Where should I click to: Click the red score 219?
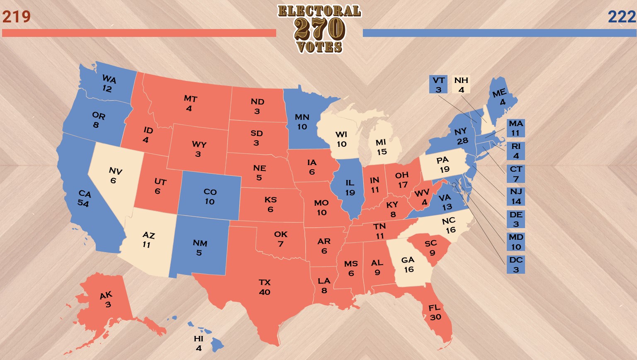coord(17,17)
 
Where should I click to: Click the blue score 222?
coord(622,17)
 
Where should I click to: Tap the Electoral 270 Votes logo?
coord(319,29)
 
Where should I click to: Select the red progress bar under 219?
coord(139,33)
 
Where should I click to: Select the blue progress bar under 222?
coord(499,33)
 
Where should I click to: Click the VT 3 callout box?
coord(438,85)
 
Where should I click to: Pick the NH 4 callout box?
coord(461,85)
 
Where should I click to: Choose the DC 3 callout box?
coord(516,265)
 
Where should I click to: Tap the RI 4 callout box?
coord(516,151)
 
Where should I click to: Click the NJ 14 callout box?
coord(516,197)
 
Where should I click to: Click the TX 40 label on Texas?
coord(265,287)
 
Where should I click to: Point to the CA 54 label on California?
coord(84,198)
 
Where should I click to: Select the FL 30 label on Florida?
coord(435,312)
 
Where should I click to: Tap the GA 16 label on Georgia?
coord(408,265)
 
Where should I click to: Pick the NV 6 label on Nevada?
coord(114,175)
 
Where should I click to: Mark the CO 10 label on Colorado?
coord(210,197)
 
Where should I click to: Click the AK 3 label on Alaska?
coord(107,299)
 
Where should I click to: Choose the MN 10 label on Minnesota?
coord(302,122)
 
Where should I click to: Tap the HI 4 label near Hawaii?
coord(199,343)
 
